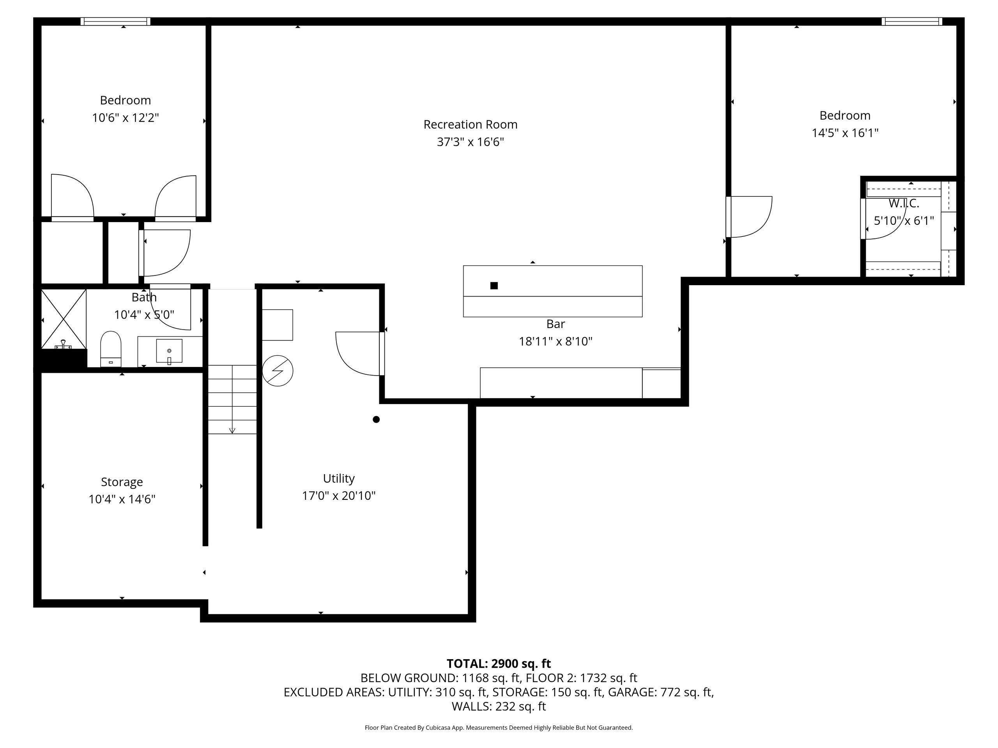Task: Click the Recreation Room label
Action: [470, 124]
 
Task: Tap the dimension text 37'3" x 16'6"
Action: [470, 142]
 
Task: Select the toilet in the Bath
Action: [111, 349]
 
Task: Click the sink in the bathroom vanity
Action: [169, 351]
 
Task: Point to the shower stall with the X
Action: [64, 319]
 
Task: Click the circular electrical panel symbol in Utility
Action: [278, 370]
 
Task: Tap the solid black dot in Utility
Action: [376, 419]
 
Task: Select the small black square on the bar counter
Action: [494, 286]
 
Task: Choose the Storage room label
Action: [122, 482]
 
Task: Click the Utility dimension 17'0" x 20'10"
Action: [339, 496]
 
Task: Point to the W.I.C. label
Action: [904, 203]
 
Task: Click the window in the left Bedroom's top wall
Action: [115, 21]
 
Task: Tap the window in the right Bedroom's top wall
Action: [912, 21]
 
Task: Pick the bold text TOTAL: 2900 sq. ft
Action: [499, 664]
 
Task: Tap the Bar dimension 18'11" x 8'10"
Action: [556, 341]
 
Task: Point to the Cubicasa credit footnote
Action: [499, 727]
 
